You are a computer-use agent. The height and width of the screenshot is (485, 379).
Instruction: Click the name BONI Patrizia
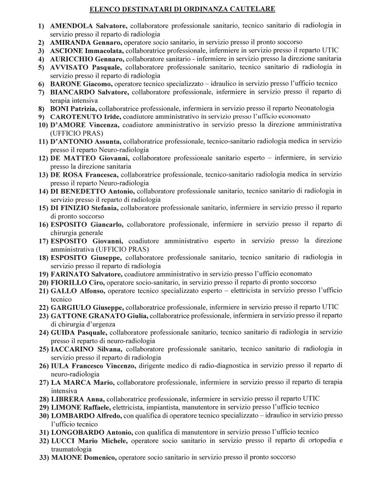pos(74,108)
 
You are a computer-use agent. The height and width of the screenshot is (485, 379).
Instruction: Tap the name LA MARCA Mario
pos(80,381)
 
